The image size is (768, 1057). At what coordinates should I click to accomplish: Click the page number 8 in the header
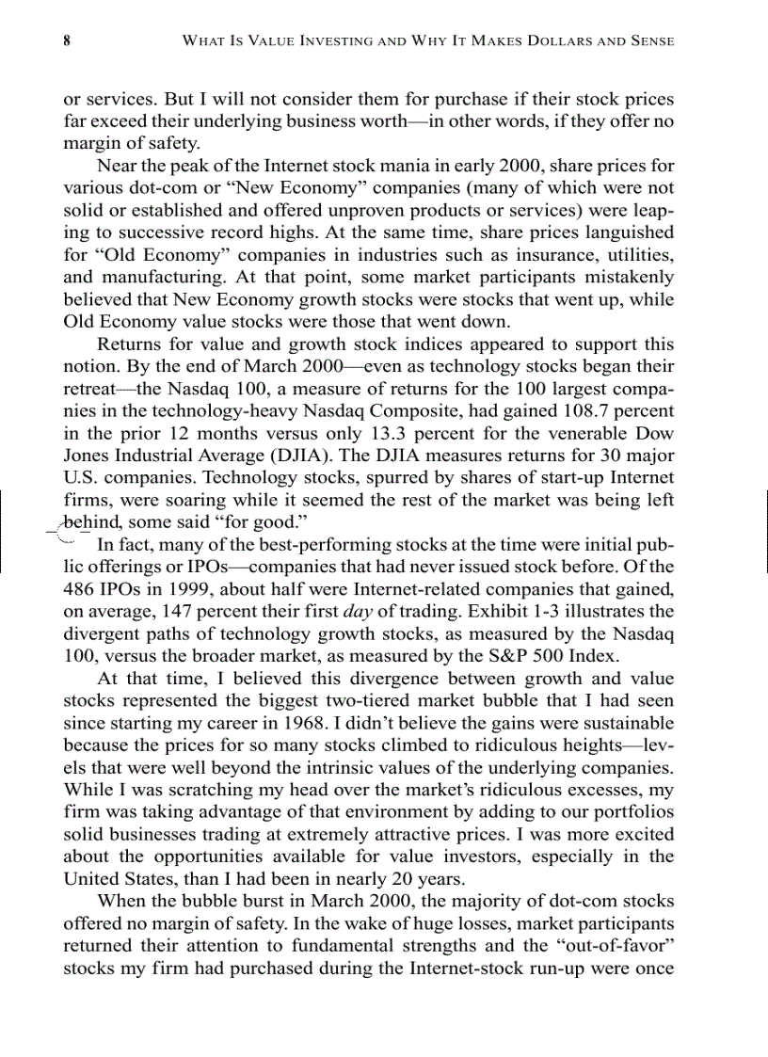[68, 41]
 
